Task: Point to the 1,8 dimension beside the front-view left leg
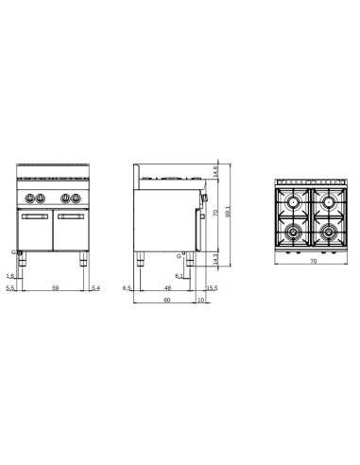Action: coord(9,275)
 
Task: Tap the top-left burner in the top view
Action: coord(293,202)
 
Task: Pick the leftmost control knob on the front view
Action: coord(30,198)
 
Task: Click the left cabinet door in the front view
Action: coord(35,229)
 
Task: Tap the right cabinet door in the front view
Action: coord(73,229)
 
